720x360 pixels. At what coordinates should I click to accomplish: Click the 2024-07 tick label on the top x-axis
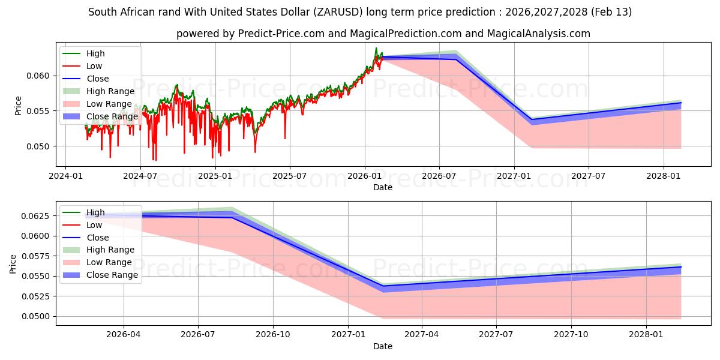click(140, 176)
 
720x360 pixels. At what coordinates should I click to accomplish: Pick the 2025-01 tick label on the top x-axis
click(215, 176)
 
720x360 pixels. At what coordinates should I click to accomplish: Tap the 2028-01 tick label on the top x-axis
click(663, 176)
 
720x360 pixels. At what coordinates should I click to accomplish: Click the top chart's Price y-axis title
click(18, 106)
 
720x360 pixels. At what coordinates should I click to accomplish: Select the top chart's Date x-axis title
click(383, 187)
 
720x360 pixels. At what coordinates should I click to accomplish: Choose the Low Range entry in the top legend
click(109, 104)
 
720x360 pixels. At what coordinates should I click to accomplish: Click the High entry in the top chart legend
click(95, 53)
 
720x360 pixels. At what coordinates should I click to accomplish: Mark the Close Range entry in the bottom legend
click(112, 275)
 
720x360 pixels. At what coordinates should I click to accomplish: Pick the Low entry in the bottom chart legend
click(94, 225)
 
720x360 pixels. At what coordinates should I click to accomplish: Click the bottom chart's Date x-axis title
click(383, 346)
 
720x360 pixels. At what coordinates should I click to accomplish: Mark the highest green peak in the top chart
click(376, 48)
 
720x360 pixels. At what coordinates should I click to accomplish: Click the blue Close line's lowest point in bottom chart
click(383, 286)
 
